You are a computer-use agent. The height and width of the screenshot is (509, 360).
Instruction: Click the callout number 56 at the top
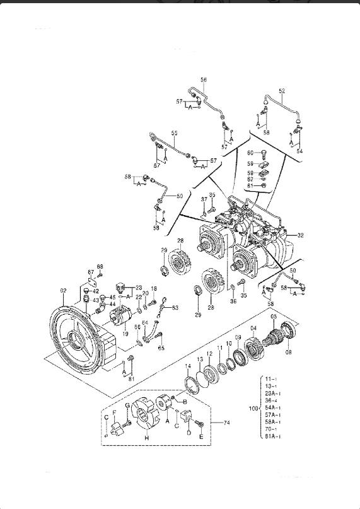pos(204,79)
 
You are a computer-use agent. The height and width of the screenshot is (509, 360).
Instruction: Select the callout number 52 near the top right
pos(282,91)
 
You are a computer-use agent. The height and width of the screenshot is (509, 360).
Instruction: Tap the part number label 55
pos(175,133)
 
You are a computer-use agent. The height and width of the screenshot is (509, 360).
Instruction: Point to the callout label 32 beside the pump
pos(301,235)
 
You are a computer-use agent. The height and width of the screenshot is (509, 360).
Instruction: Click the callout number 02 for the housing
pos(63,290)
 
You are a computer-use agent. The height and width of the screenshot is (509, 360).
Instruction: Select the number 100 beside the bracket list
pos(253,409)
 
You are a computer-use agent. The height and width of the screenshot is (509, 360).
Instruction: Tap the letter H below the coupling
pos(146,438)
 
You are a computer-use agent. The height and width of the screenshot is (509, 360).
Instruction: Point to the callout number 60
pos(250,153)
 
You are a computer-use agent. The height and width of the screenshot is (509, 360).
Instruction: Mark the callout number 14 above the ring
pos(188,366)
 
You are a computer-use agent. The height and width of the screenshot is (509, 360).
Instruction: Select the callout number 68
pos(100,267)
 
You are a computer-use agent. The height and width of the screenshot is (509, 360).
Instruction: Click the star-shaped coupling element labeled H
pos(145,417)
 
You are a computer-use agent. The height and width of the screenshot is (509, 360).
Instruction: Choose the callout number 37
pos(204,199)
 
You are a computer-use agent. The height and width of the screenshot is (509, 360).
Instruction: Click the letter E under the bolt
pos(201,436)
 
